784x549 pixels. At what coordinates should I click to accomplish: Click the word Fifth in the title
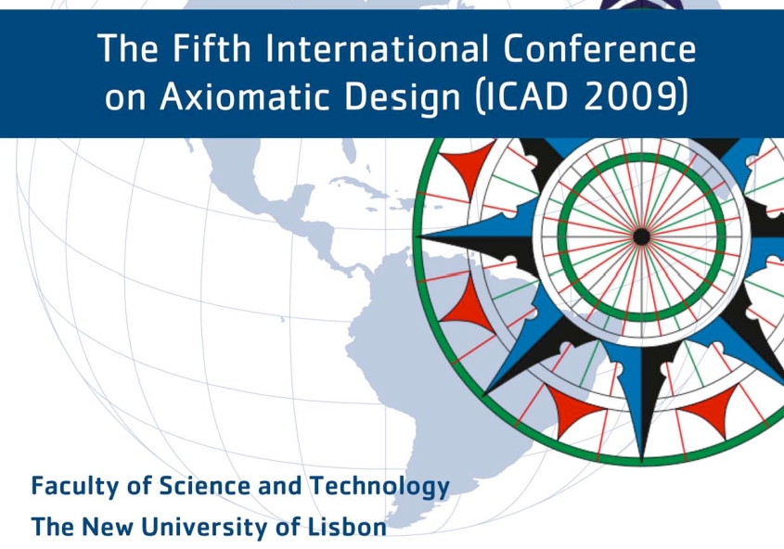212,48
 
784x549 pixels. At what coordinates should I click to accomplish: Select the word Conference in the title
599,48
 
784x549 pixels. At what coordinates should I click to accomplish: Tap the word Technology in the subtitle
379,487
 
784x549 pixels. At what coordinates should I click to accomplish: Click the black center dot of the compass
641,236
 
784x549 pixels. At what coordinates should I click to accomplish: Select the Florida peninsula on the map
350,148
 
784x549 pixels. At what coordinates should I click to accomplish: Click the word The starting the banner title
128,48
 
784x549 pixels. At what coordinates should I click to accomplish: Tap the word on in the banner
125,98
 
